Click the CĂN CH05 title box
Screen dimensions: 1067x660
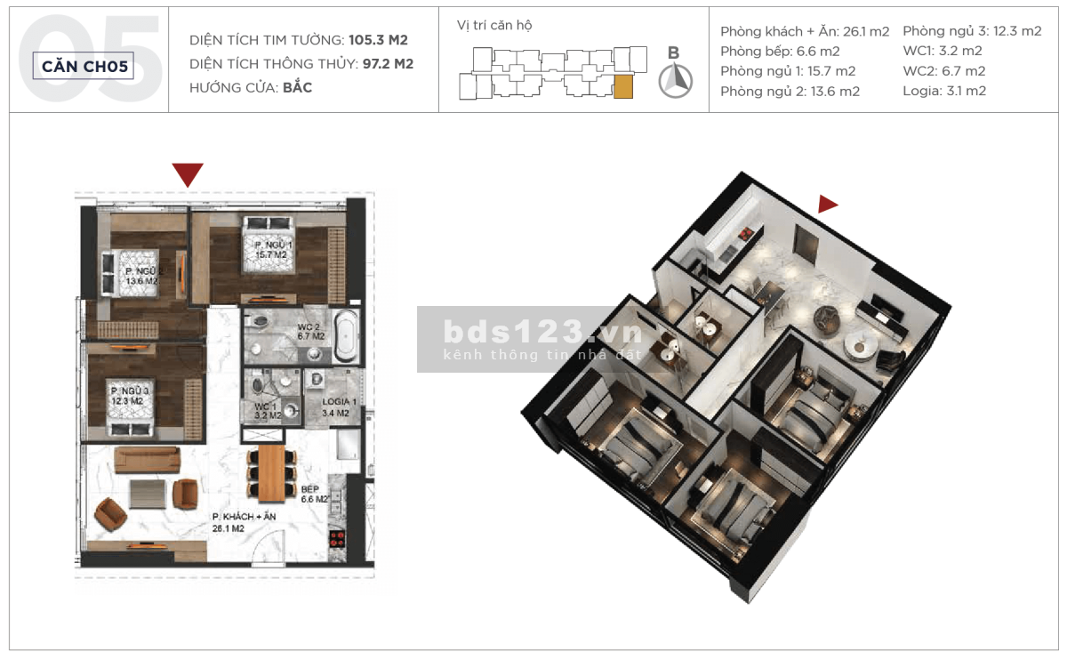[84, 66]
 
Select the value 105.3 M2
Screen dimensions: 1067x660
[378, 40]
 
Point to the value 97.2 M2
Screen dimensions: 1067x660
[388, 64]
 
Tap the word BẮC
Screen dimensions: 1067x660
[297, 88]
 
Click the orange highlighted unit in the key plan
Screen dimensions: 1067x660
[623, 86]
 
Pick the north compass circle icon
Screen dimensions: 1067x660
[676, 81]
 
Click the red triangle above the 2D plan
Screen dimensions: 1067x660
[188, 175]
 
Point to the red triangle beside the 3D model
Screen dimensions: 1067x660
[828, 204]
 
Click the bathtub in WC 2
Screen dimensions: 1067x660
[346, 335]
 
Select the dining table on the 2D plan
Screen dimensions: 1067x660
[271, 474]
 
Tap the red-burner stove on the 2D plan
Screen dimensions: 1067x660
[337, 539]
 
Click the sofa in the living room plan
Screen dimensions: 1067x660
[148, 459]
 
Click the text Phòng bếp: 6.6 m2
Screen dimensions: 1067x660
[780, 52]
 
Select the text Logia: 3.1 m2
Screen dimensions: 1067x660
[944, 91]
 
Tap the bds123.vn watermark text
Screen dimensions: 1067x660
[543, 332]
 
